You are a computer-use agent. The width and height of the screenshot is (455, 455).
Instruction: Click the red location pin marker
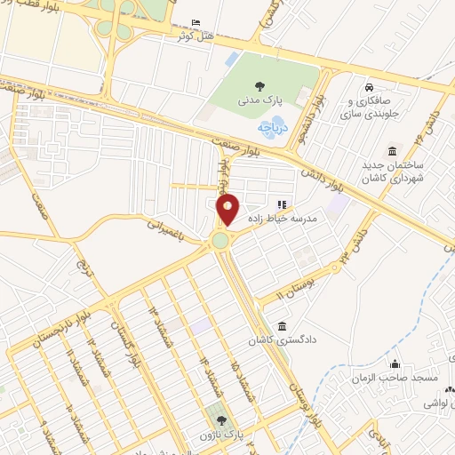click(228, 208)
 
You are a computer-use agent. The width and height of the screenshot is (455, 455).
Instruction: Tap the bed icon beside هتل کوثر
click(196, 22)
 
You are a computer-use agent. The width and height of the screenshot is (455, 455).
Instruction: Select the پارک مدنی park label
click(259, 102)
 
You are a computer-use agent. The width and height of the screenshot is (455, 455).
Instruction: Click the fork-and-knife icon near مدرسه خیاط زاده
click(283, 205)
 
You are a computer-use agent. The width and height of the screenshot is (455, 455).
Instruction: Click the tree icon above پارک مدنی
click(259, 86)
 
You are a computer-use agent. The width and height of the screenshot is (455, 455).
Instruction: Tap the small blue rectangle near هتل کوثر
click(232, 60)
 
